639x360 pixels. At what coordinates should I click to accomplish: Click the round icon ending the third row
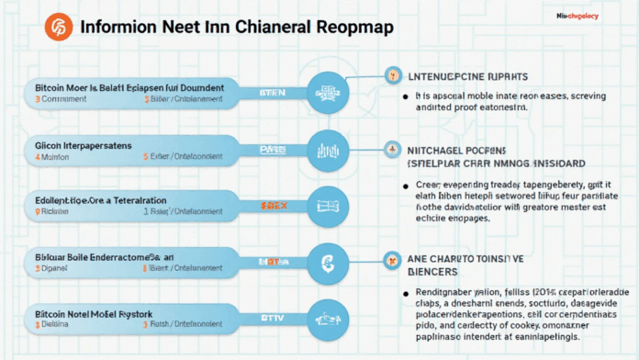click(327, 203)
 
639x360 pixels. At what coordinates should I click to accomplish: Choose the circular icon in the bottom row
click(327, 318)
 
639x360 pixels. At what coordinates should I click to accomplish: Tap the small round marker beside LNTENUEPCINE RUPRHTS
click(392, 74)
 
